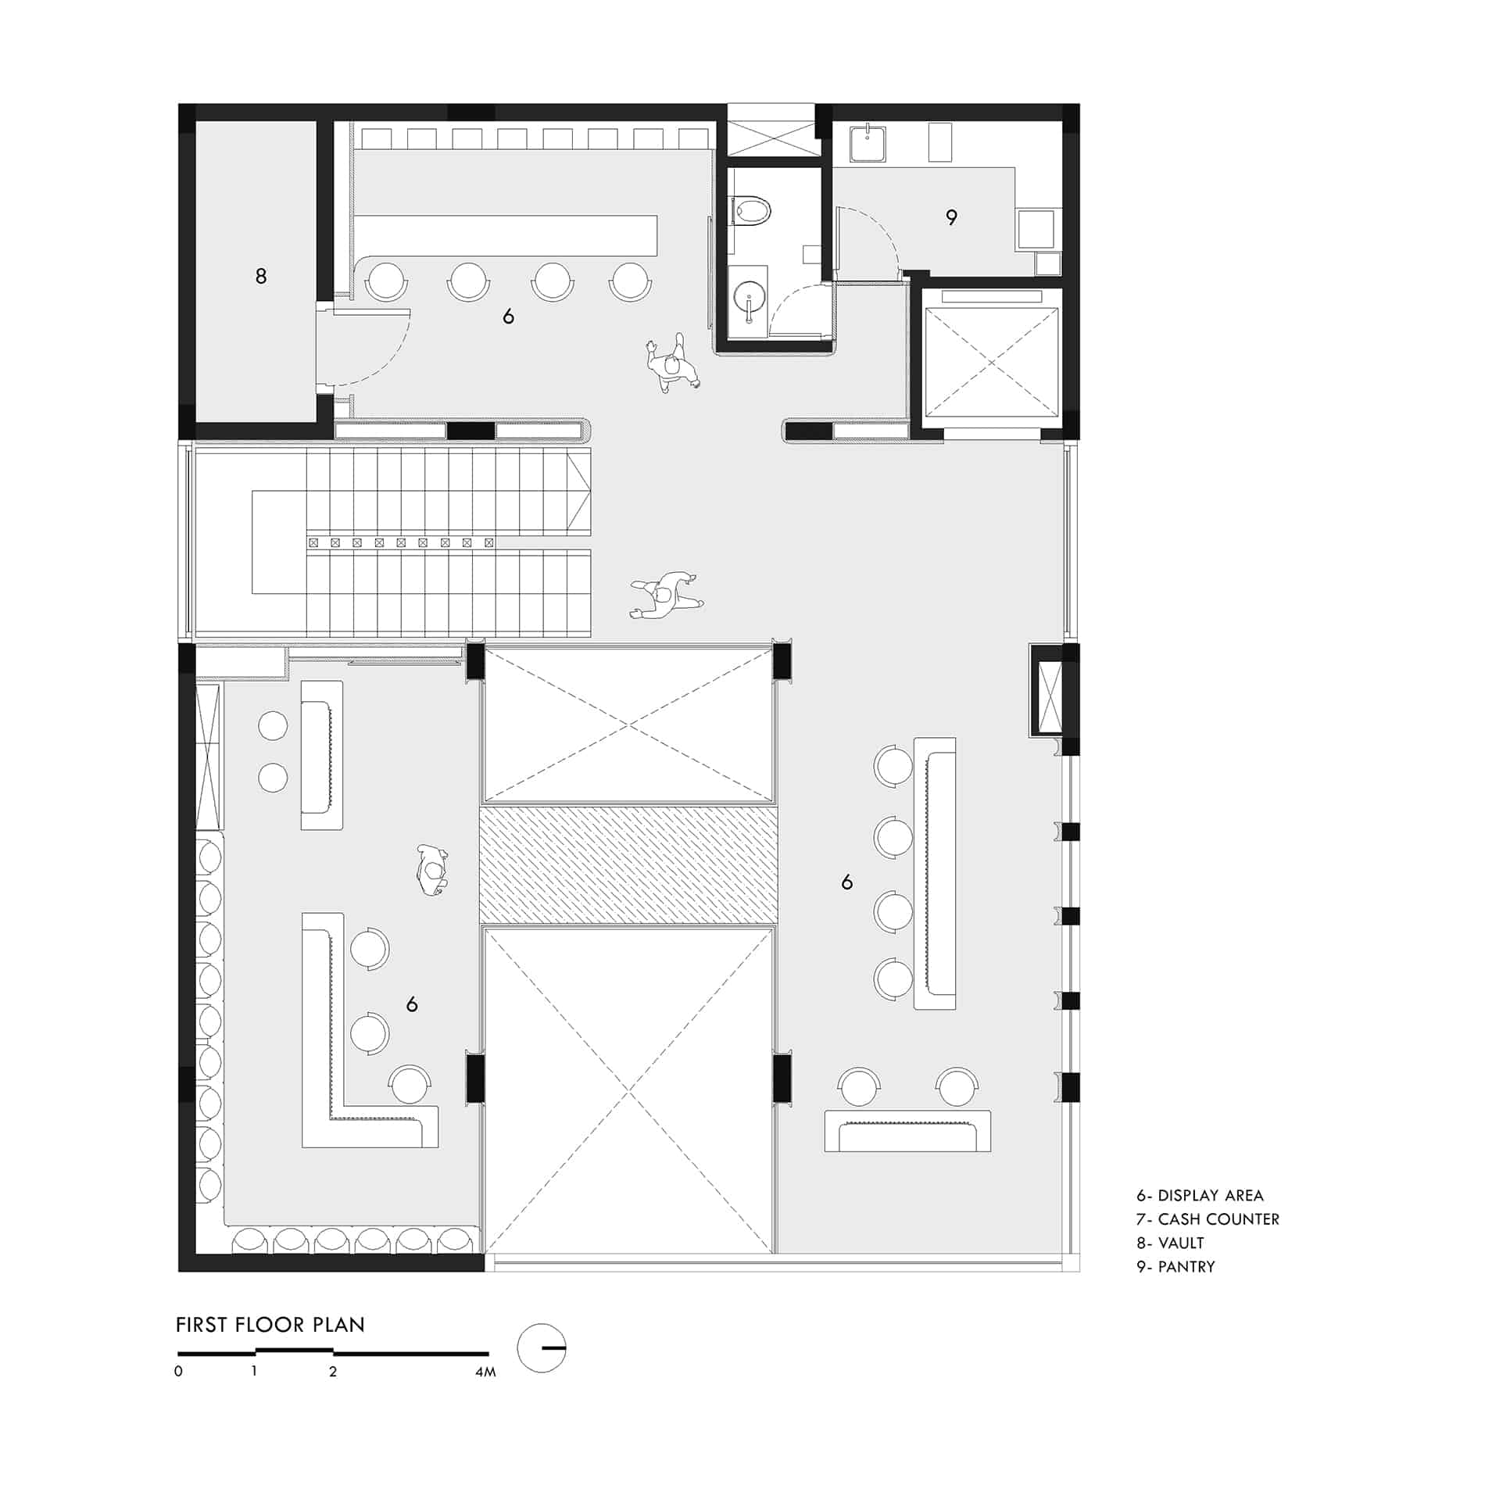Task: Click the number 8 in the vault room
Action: (261, 276)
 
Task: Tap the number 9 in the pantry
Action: (951, 217)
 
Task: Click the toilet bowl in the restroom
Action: (751, 210)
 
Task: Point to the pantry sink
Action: (868, 142)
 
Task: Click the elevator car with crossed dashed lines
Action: (991, 363)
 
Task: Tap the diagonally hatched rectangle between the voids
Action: (628, 864)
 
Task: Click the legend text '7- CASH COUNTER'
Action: (1208, 1219)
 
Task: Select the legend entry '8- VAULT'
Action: (1170, 1243)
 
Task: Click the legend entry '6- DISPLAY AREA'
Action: (1200, 1195)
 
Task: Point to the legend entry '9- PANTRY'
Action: (1175, 1267)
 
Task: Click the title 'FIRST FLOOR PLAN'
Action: (270, 1325)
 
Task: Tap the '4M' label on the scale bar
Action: (485, 1372)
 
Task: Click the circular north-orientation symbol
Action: (542, 1348)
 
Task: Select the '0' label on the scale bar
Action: (179, 1371)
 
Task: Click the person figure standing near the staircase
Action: (667, 595)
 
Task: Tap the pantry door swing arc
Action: (869, 238)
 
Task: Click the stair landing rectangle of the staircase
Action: (279, 542)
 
